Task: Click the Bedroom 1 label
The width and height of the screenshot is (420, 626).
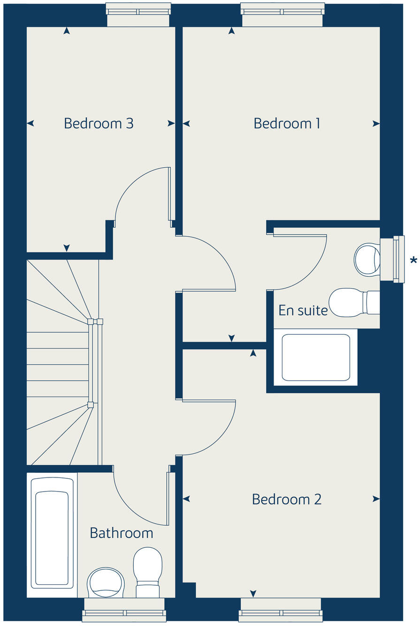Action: click(287, 123)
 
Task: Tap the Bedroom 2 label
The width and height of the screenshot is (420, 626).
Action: click(287, 499)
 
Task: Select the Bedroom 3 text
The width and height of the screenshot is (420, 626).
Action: click(99, 123)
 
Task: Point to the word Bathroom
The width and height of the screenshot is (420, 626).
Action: click(121, 533)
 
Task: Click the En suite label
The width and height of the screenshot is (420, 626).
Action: click(303, 310)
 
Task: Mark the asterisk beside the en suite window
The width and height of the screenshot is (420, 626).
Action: click(413, 261)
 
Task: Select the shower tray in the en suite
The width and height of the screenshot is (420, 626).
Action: click(316, 357)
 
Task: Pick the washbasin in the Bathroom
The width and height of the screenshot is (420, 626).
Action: click(106, 583)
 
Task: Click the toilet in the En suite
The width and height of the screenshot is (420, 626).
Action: click(352, 303)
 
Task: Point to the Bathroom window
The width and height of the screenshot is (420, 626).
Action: click(124, 612)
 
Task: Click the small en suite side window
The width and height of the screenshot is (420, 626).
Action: click(398, 259)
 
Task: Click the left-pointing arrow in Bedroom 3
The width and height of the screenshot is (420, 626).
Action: click(31, 123)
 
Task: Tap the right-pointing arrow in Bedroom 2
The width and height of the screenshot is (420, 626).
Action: click(376, 499)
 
